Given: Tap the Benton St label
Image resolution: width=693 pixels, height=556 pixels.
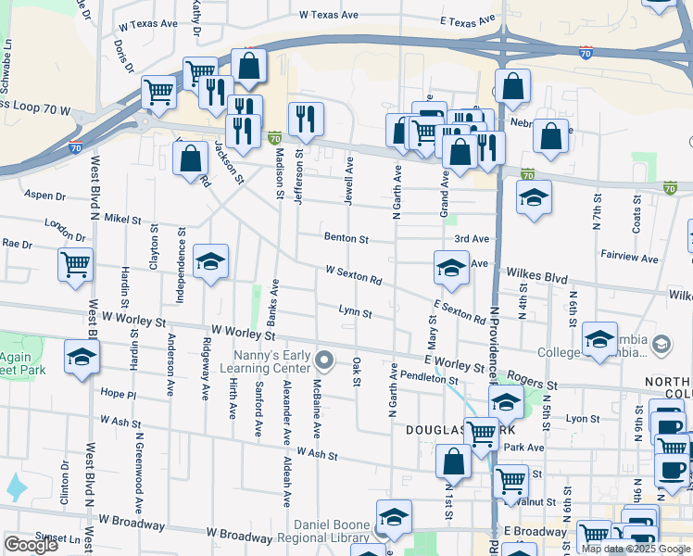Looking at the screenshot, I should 346,238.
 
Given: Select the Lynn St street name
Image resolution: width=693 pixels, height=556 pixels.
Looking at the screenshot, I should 355,313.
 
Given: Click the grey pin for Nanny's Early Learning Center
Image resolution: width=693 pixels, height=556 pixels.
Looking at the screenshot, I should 323,360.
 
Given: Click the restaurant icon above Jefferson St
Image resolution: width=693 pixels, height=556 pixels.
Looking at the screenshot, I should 305,119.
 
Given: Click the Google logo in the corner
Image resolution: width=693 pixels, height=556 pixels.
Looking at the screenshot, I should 31,545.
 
